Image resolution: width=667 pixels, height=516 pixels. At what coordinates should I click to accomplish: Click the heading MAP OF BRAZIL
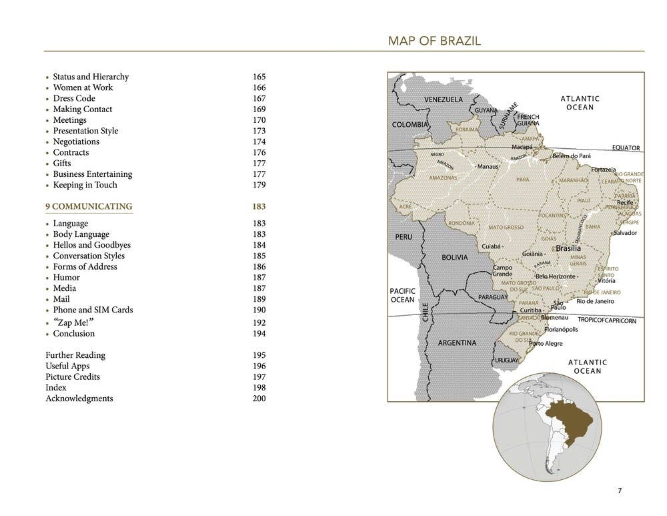pyautogui.click(x=434, y=41)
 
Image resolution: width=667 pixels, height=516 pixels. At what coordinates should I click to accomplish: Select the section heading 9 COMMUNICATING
pyautogui.click(x=89, y=206)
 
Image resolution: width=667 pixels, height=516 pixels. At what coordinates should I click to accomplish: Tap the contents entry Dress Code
pyautogui.click(x=74, y=98)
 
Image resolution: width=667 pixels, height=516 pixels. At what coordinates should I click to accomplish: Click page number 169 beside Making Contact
pyautogui.click(x=259, y=109)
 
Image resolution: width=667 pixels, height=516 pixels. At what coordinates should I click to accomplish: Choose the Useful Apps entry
pyautogui.click(x=67, y=366)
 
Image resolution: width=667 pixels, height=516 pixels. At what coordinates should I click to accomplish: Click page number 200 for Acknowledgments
pyautogui.click(x=259, y=399)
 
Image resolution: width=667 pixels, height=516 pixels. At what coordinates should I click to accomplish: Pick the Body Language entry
pyautogui.click(x=81, y=234)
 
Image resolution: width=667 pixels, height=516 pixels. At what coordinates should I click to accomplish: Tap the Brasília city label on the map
pyautogui.click(x=568, y=248)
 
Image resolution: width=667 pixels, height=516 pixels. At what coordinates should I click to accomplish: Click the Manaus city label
pyautogui.click(x=488, y=166)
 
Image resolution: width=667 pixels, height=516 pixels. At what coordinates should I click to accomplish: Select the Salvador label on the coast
pyautogui.click(x=625, y=233)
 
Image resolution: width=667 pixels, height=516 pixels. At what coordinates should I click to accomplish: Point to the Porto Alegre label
pyautogui.click(x=546, y=344)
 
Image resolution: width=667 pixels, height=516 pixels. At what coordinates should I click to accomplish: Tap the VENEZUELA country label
pyautogui.click(x=444, y=99)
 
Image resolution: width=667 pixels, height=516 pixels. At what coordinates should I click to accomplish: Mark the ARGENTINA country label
pyautogui.click(x=457, y=343)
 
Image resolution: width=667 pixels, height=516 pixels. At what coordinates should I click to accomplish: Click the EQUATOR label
pyautogui.click(x=626, y=148)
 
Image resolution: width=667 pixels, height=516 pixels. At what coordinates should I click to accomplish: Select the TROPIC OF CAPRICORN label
pyautogui.click(x=606, y=320)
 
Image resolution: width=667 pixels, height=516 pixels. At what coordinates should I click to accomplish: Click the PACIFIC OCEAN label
pyautogui.click(x=402, y=295)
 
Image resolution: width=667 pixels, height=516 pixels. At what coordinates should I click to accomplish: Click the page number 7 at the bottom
pyautogui.click(x=619, y=491)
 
